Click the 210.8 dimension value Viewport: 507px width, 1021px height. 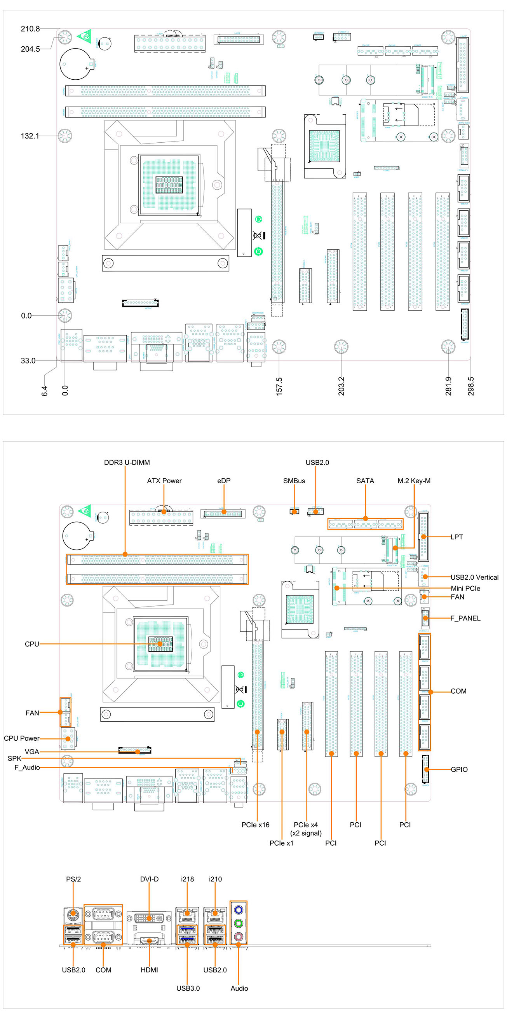[30, 29]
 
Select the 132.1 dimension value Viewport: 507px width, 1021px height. [30, 136]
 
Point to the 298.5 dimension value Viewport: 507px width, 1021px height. [470, 386]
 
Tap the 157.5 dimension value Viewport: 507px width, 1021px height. [279, 386]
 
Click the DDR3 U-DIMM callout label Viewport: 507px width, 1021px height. [127, 463]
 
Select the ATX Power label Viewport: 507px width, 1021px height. [164, 481]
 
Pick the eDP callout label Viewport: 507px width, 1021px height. [224, 481]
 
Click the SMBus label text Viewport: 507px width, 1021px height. [294, 481]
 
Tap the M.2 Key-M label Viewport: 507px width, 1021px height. [413, 481]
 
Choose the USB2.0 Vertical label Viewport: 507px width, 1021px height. [474, 577]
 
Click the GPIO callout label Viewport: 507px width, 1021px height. [459, 769]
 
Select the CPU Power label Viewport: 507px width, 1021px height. [21, 738]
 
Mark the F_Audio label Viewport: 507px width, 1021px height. [27, 768]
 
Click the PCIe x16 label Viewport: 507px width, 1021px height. [255, 825]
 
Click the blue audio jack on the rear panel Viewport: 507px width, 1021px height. [239, 910]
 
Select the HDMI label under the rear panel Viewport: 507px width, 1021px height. [149, 970]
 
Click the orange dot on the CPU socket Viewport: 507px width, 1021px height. [160, 644]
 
